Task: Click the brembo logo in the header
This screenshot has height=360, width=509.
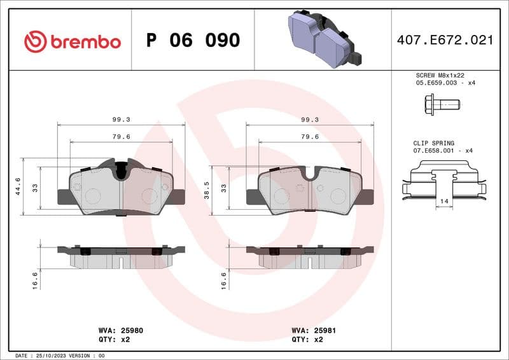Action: tap(72, 41)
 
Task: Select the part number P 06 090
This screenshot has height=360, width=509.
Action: tap(193, 41)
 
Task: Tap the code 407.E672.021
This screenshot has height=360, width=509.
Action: tap(445, 40)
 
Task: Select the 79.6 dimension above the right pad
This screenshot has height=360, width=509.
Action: tap(310, 136)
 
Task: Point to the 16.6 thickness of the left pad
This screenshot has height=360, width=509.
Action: tap(34, 279)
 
